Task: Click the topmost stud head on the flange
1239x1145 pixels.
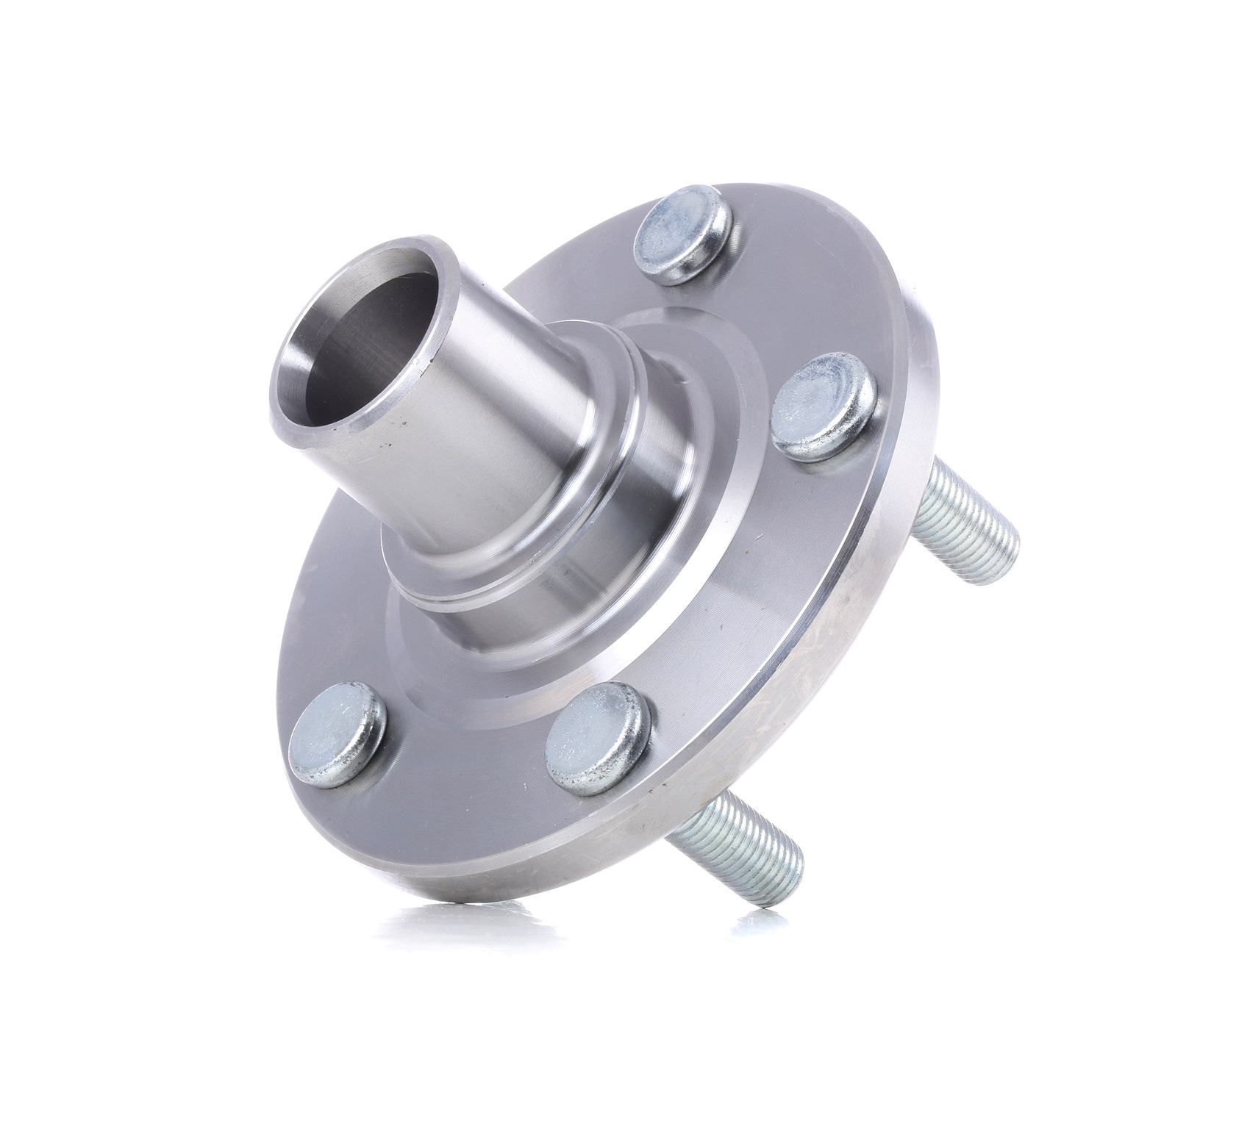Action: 682,233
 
